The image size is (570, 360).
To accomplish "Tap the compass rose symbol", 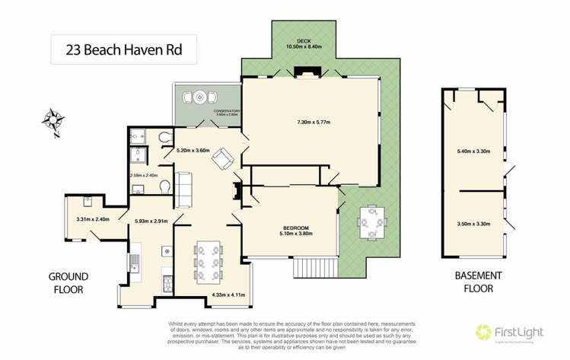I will click(x=53, y=119).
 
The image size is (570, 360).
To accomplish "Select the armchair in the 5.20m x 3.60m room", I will click(x=222, y=158).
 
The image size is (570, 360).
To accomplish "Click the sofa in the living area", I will click(x=183, y=184).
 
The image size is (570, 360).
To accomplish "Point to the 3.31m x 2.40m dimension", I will click(x=94, y=220).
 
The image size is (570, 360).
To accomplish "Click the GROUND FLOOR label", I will click(x=69, y=282).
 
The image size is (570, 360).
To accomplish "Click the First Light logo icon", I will click(x=482, y=333).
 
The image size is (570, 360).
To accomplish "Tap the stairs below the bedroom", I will click(x=310, y=268).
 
